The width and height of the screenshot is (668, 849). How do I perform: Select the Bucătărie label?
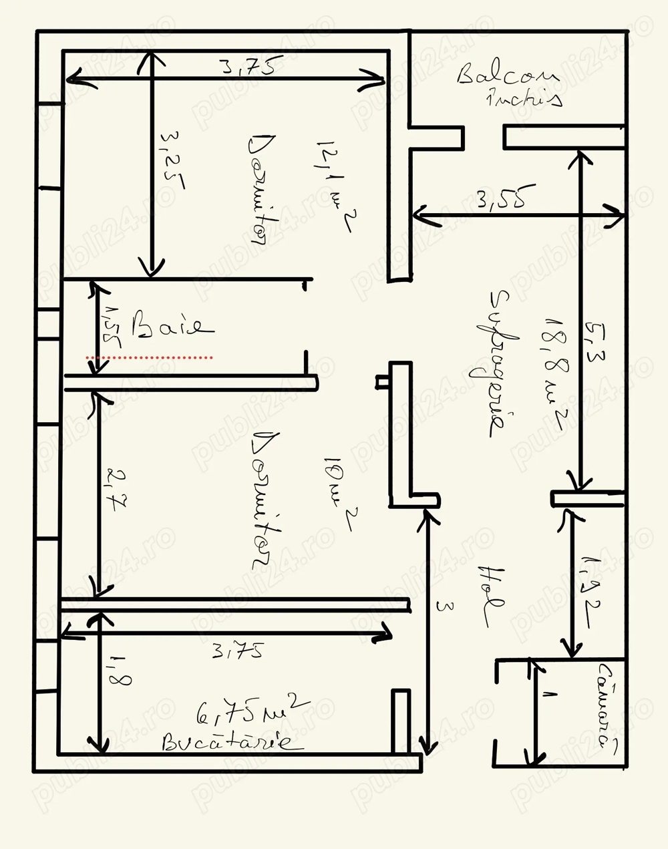pos(227,741)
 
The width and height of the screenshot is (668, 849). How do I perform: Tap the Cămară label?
pos(608,705)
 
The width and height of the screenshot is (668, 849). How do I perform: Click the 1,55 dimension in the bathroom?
pos(111,327)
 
